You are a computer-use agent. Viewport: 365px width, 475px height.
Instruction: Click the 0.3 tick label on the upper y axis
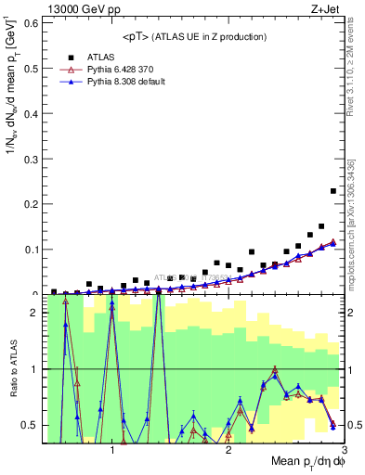tap(28, 158)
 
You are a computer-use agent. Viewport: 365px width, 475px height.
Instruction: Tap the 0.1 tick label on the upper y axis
tap(28, 249)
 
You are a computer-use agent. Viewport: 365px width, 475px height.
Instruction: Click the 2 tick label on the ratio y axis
tap(33, 313)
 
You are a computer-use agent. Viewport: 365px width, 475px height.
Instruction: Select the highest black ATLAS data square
tap(332, 191)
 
